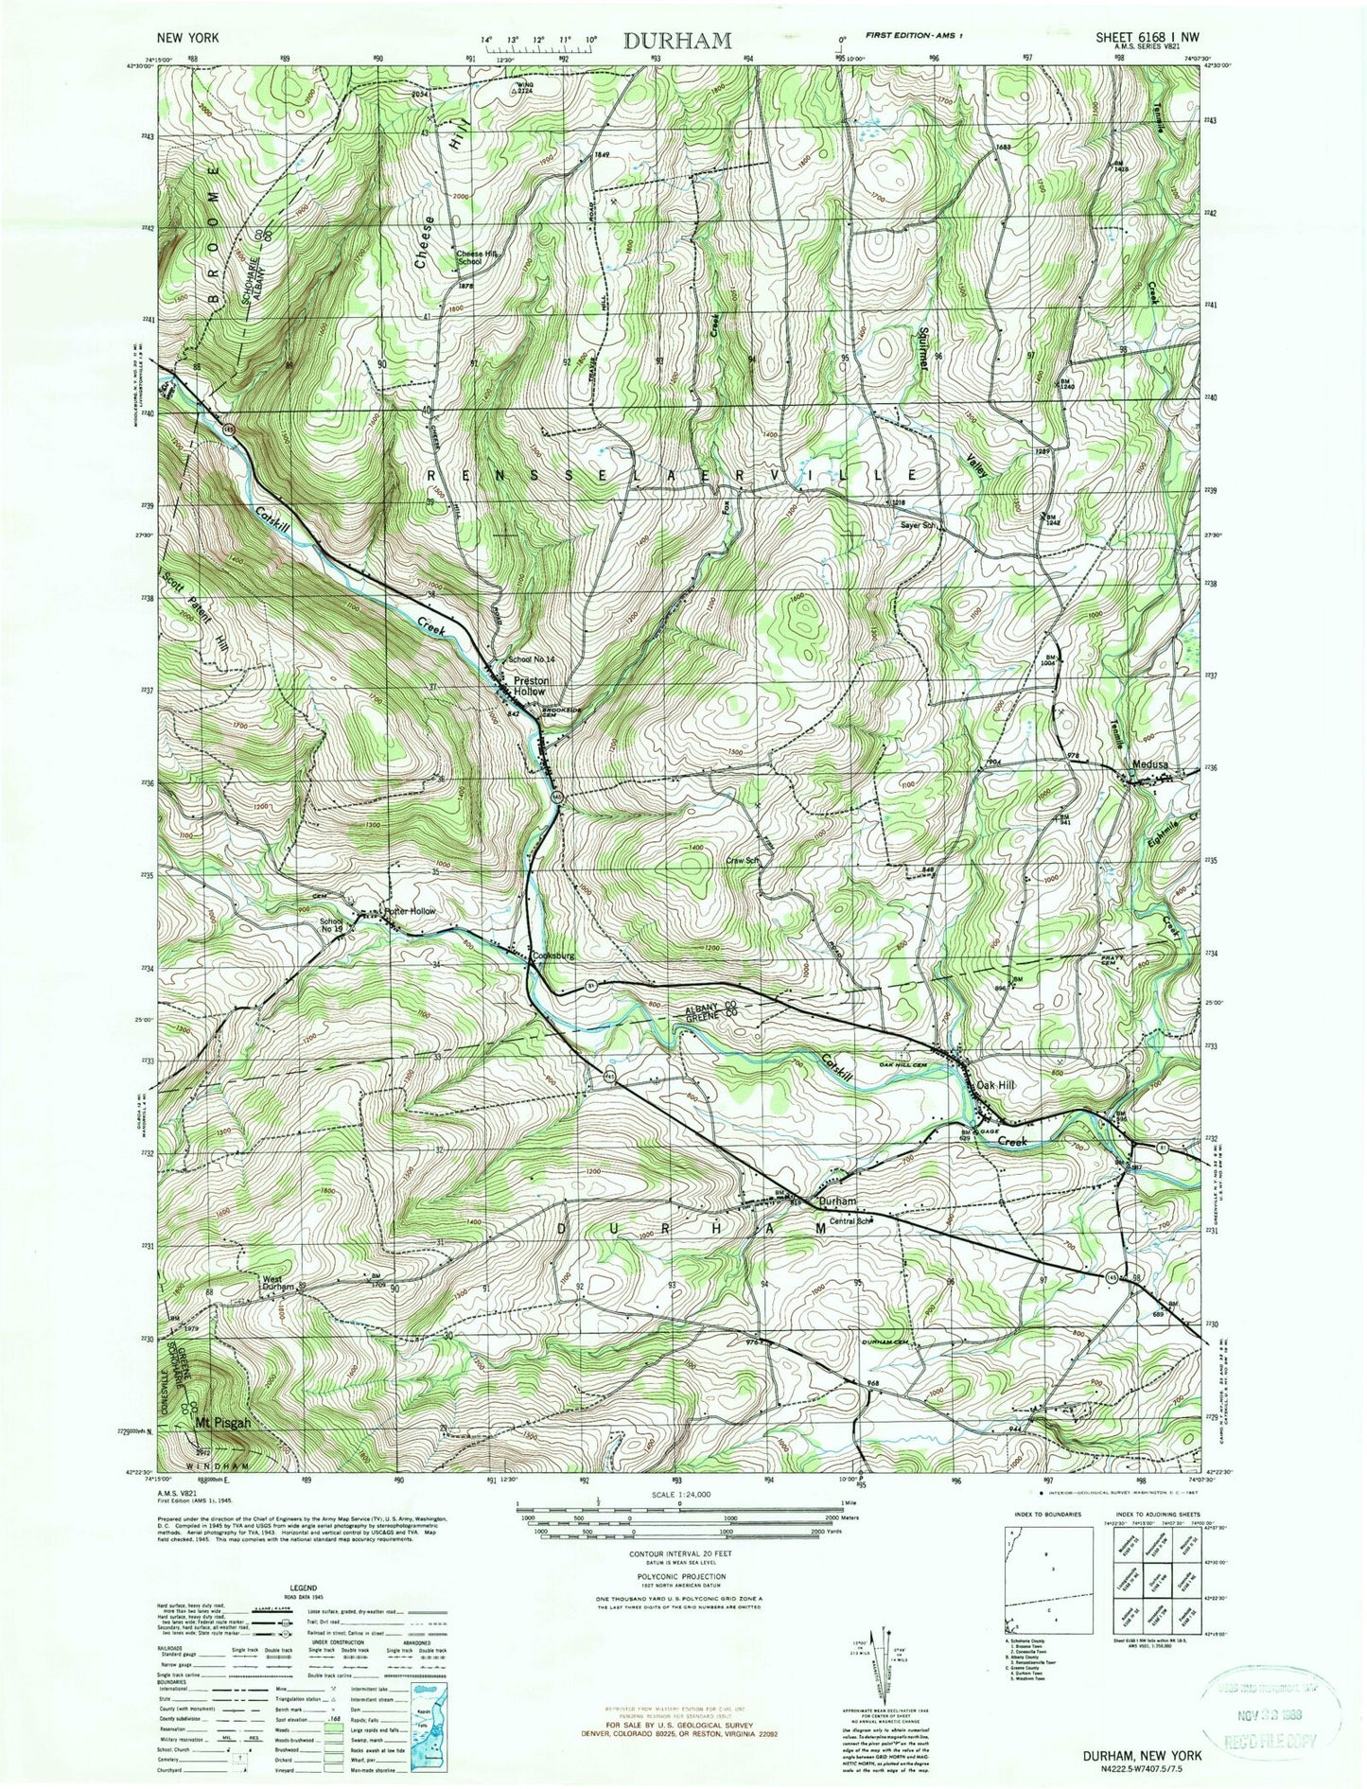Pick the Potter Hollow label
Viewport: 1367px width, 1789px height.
point(410,911)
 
